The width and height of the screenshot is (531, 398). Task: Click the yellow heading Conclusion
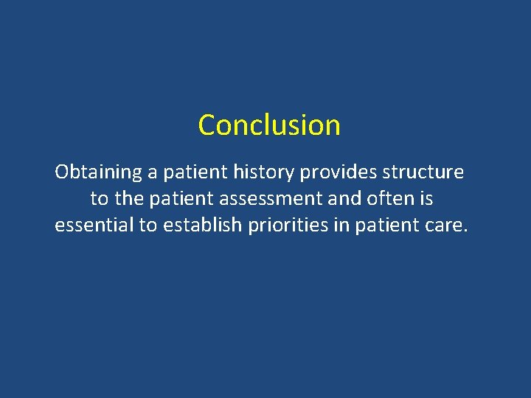point(269,125)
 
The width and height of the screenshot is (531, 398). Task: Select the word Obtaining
point(98,173)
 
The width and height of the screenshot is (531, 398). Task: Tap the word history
point(257,173)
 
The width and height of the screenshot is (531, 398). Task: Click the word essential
point(94,226)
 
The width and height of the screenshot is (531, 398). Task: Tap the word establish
point(202,226)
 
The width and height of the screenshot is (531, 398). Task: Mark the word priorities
point(289,226)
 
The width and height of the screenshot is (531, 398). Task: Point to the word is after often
point(426,199)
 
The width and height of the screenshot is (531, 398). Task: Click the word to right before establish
point(148,226)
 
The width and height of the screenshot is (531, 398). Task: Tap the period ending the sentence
point(465,231)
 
